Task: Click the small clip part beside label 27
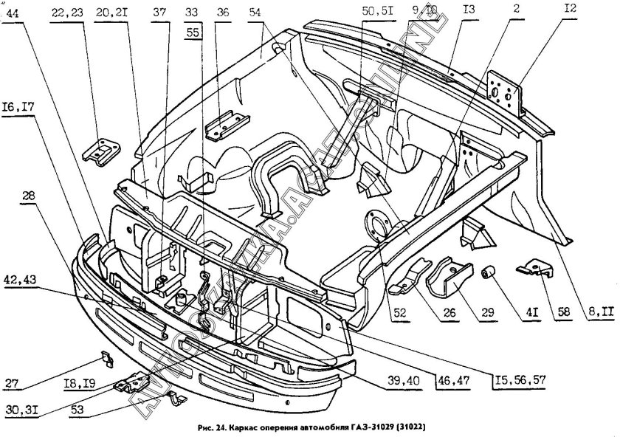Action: point(106,359)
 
